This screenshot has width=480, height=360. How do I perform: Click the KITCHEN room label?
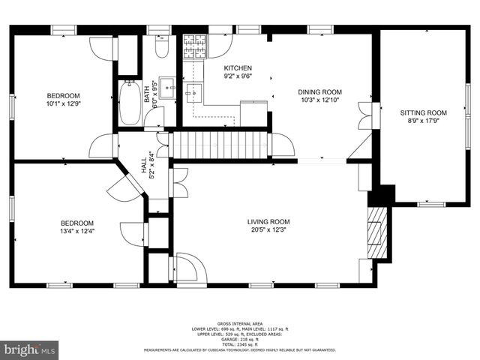(x=237, y=68)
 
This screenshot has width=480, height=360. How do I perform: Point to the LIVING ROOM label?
(x=268, y=221)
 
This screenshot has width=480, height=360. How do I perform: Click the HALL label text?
(x=144, y=164)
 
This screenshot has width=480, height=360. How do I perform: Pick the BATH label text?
(x=147, y=94)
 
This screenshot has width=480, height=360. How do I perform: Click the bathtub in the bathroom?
(x=129, y=103)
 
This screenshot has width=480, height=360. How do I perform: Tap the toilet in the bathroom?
(x=160, y=47)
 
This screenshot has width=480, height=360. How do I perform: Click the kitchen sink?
(x=193, y=92)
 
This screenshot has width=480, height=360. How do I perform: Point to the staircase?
(x=219, y=143)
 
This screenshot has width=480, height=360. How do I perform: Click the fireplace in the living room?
(x=379, y=232)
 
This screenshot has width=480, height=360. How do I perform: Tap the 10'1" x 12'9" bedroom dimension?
(x=64, y=103)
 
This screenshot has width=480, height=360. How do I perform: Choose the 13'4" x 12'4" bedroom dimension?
(x=78, y=231)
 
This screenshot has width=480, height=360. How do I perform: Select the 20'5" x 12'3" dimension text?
(x=268, y=229)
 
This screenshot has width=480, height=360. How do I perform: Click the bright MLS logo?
(x=29, y=349)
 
